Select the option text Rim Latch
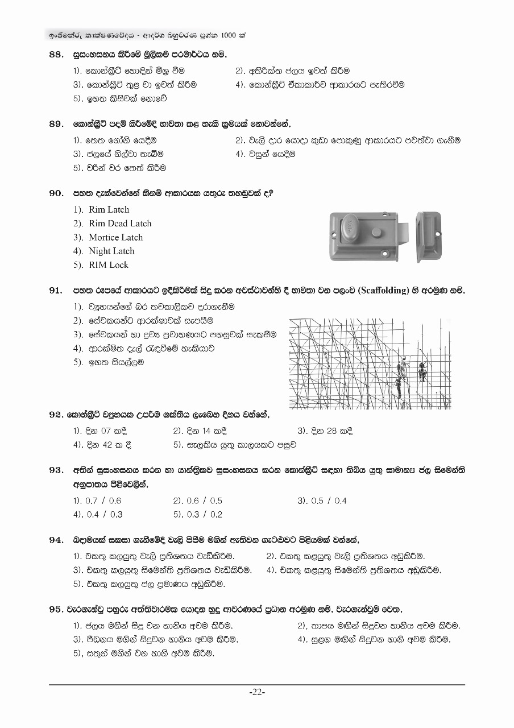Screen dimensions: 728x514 pyautogui.click(x=109, y=209)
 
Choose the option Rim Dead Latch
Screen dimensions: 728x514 pyautogui.click(x=120, y=224)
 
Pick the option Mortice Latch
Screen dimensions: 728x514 pyautogui.click(x=115, y=237)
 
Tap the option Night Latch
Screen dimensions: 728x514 pyautogui.click(x=111, y=251)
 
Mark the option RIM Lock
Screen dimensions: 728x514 pyautogui.click(x=109, y=264)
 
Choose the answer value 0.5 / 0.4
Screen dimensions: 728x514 pyautogui.click(x=328, y=501)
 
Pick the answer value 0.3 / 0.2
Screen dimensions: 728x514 pyautogui.click(x=204, y=515)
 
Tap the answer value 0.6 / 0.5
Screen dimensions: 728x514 pyautogui.click(x=204, y=501)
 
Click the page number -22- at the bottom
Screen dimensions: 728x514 pyautogui.click(x=257, y=692)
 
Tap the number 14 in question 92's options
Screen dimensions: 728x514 pyautogui.click(x=206, y=431)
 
